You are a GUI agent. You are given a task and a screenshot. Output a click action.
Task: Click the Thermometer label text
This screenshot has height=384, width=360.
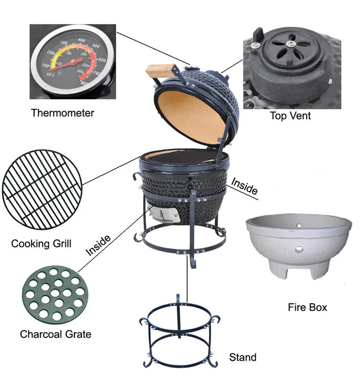tap(62, 113)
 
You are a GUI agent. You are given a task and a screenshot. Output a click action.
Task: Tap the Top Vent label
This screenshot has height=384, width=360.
tap(290, 116)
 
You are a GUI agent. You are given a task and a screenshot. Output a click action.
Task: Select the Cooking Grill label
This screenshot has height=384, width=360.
tap(41, 244)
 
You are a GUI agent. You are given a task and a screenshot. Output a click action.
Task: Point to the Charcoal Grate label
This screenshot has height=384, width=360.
tap(56, 334)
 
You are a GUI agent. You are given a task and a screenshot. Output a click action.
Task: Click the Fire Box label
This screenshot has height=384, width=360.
tap(307, 307)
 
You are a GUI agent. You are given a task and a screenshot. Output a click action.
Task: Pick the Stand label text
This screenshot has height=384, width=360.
tap(242, 357)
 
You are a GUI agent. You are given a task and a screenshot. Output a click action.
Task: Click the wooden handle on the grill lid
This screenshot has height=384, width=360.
tap(158, 71)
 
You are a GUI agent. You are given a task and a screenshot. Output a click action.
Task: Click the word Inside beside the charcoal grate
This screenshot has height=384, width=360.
tap(99, 245)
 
